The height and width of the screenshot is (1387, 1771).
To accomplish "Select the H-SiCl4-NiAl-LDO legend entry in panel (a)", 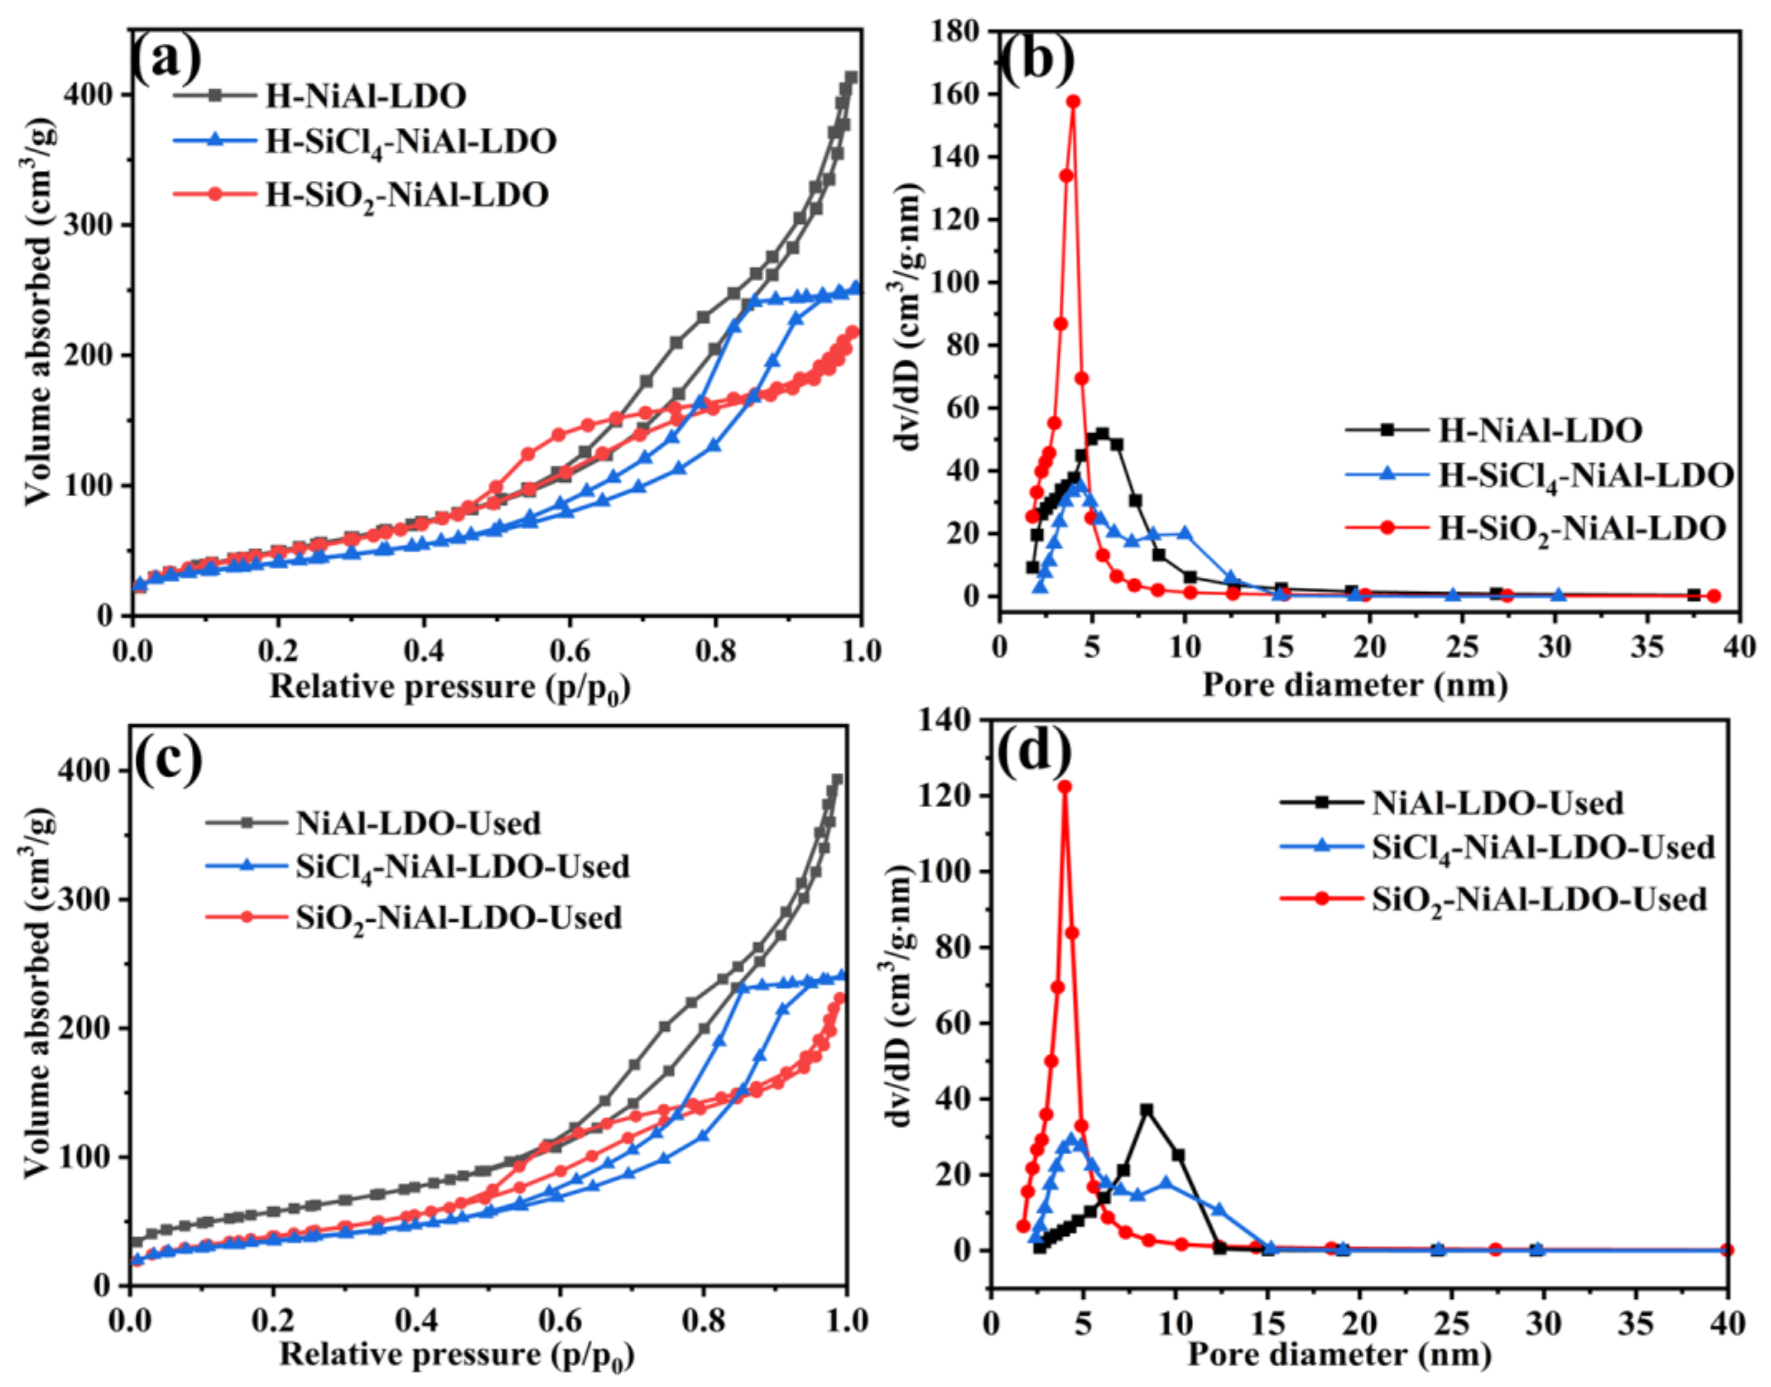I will [x=410, y=141].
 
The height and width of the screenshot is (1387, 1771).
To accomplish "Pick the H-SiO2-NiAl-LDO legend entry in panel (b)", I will [x=1581, y=529].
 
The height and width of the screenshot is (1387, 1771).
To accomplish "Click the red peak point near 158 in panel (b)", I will [x=1072, y=101].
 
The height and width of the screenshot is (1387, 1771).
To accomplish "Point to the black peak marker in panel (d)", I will [x=1146, y=1109].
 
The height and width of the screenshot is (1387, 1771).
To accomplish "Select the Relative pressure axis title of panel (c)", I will [x=457, y=1354].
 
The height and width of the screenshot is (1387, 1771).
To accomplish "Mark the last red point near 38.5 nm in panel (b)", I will [x=1713, y=596].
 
